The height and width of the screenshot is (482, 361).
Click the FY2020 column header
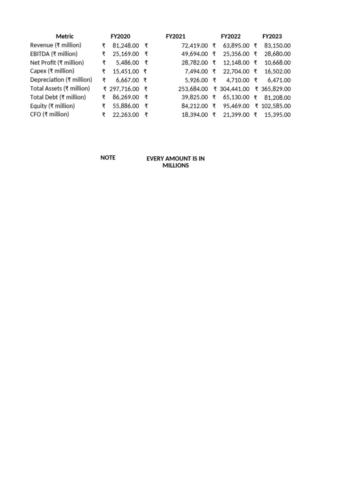tap(120, 36)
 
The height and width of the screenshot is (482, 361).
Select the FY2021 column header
tap(175, 36)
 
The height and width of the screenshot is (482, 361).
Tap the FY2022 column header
tap(231, 36)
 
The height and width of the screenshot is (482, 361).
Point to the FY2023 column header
tap(272, 36)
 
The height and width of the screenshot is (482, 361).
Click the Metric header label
tap(65, 36)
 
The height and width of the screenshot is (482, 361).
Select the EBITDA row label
tap(54, 54)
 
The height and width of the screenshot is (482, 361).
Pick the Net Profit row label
tap(57, 63)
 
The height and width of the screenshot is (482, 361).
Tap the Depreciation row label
tap(61, 80)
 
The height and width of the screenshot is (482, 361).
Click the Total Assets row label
tap(60, 88)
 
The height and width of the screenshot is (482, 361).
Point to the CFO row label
tap(49, 114)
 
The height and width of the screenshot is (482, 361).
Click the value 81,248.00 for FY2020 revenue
tap(126, 45)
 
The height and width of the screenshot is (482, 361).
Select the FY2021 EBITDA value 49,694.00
tap(194, 54)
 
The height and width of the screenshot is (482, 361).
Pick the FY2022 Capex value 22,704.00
tap(236, 71)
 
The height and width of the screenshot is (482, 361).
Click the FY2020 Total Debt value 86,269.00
tap(126, 97)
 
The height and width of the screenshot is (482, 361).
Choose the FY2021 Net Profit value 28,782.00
tap(194, 63)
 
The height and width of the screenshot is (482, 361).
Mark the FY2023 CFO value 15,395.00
tap(277, 114)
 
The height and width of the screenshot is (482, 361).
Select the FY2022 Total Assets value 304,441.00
tap(235, 88)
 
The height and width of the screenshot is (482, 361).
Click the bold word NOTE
tap(108, 158)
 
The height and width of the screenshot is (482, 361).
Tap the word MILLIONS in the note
tap(175, 166)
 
